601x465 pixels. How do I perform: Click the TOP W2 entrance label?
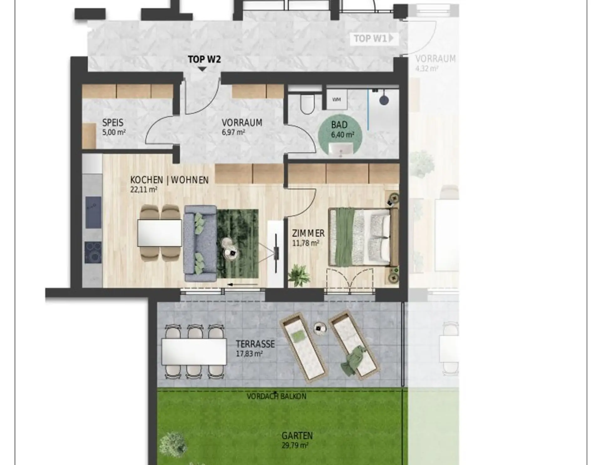[x=204, y=59]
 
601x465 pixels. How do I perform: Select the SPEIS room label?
[x=113, y=123]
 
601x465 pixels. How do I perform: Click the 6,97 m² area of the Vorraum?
[x=233, y=132]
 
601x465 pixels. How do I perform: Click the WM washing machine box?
[x=336, y=100]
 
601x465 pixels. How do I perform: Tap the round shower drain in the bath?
[x=384, y=100]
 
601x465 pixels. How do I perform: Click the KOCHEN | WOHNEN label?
[x=169, y=180]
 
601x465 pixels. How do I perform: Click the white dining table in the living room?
[x=160, y=233]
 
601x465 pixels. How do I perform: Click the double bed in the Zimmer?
[x=363, y=238]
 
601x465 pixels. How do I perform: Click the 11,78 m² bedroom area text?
[x=306, y=243]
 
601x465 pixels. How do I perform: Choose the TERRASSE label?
[x=255, y=344]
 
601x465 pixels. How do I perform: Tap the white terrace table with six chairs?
[x=194, y=351]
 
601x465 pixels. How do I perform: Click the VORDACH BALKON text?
[x=276, y=396]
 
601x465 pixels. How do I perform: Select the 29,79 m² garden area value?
[x=295, y=445]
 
